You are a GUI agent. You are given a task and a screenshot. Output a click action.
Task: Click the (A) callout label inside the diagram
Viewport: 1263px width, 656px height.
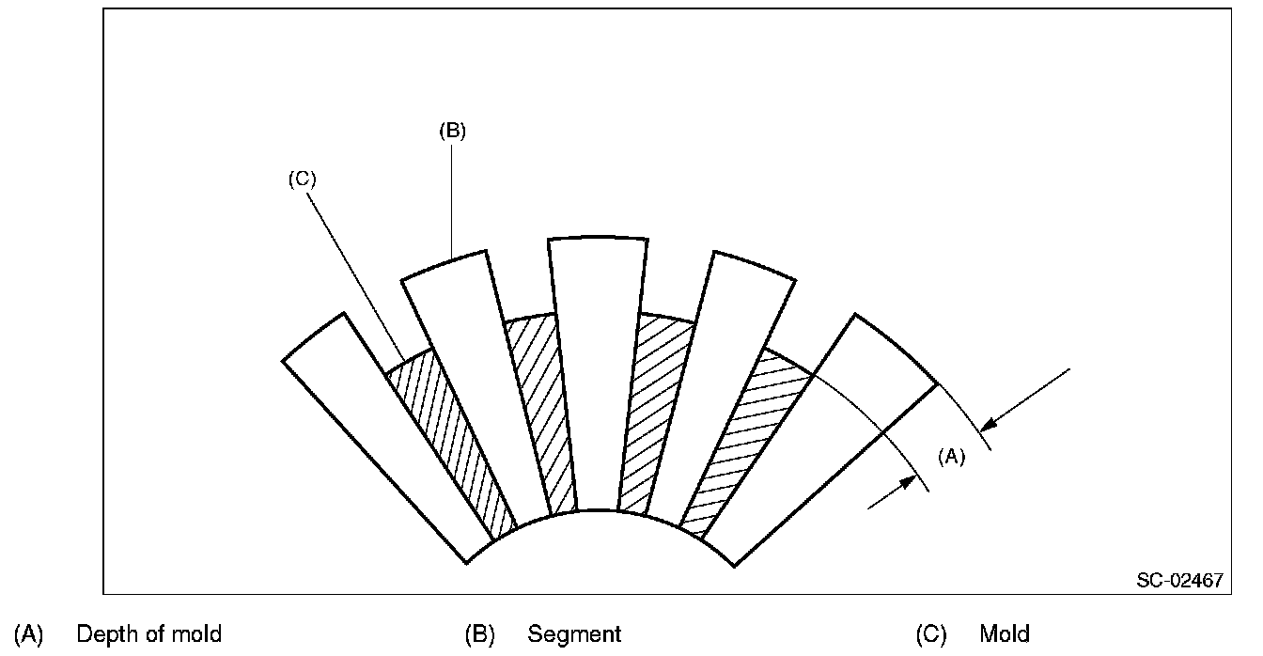pos(951,457)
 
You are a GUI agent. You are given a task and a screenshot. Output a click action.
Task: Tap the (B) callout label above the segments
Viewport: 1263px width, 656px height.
pos(452,132)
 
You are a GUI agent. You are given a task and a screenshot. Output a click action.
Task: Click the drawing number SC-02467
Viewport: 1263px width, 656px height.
pos(1179,580)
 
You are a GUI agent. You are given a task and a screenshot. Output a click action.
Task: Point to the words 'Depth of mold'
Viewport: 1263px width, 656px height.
pos(148,634)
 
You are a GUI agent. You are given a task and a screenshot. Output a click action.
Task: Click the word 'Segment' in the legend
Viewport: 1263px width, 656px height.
pos(574,634)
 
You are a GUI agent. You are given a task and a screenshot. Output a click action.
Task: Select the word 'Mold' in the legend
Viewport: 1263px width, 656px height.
pos(1005,634)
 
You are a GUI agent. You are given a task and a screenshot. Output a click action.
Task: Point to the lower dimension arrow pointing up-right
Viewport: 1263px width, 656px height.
pos(893,492)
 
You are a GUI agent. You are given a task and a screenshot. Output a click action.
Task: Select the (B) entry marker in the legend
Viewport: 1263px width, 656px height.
pos(479,634)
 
